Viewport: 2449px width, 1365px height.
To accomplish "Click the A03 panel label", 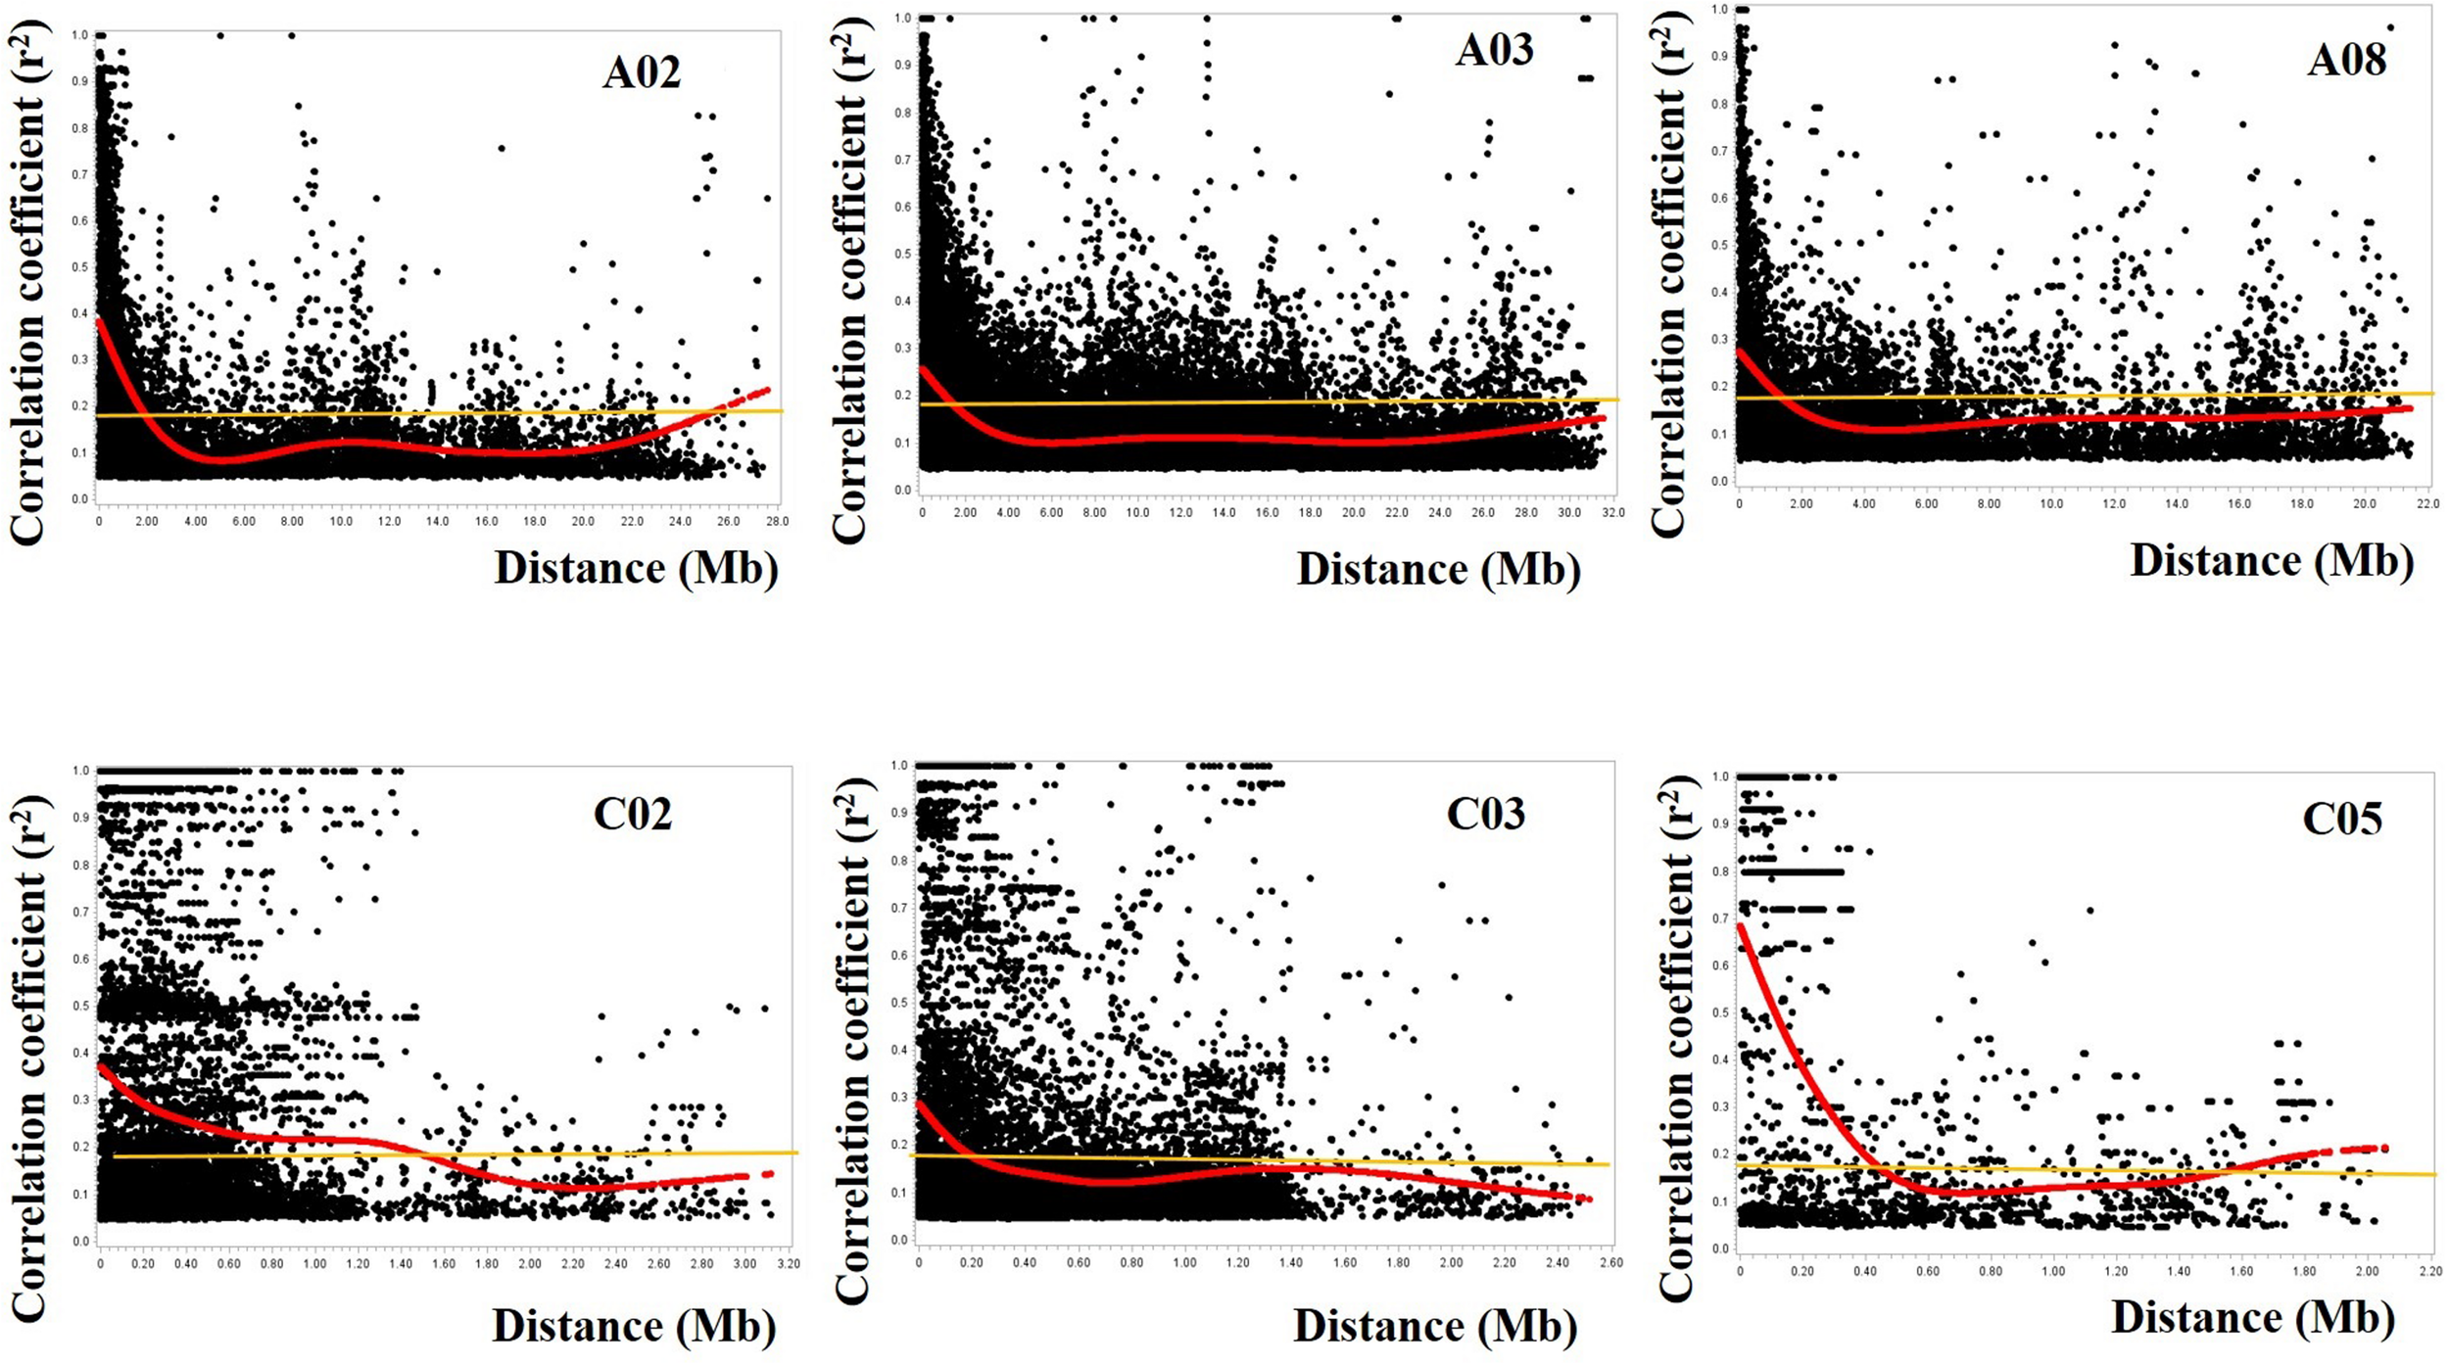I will pos(1493,50).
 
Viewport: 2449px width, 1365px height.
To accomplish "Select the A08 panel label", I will pos(2346,61).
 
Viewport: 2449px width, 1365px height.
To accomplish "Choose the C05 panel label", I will pos(2341,819).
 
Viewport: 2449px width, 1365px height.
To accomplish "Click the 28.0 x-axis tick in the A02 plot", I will pos(777,522).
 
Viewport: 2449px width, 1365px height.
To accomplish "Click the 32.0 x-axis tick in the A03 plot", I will pos(1612,513).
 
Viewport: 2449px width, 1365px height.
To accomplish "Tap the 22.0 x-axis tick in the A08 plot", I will pos(2426,504).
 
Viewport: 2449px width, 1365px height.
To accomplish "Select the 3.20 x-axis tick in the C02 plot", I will pos(789,1264).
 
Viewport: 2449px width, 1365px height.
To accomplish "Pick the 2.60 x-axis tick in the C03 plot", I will pos(1610,1263).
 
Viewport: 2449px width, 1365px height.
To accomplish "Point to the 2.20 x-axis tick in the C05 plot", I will pos(2429,1272).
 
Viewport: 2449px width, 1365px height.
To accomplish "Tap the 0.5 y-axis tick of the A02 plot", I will pos(79,267).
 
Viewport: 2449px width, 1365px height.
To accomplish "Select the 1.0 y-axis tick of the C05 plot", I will pos(1720,777).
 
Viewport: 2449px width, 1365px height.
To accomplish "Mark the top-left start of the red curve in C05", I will pos(1741,925).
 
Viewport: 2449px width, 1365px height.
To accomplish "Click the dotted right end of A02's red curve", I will pos(766,390).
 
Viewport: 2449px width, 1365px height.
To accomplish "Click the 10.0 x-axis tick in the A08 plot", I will pos(2050,504).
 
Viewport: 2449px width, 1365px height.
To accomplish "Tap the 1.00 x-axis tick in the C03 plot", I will pos(1184,1263).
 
